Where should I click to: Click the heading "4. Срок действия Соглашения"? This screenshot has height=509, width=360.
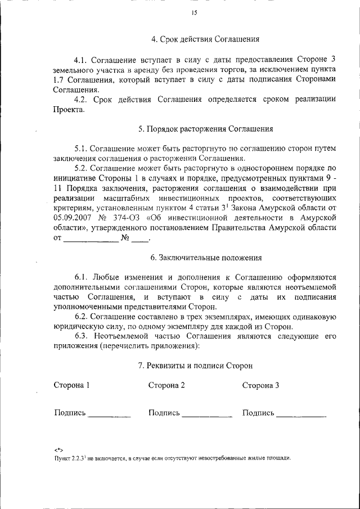[205, 39]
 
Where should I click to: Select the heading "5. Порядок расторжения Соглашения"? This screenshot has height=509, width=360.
[206, 129]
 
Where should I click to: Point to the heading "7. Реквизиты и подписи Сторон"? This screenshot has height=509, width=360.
[195, 365]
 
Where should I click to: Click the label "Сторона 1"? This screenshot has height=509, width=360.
[71, 385]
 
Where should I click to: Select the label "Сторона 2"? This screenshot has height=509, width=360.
[166, 385]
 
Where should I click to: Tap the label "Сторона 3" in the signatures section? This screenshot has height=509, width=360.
[260, 385]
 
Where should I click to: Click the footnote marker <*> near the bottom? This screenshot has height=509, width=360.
[58, 450]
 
